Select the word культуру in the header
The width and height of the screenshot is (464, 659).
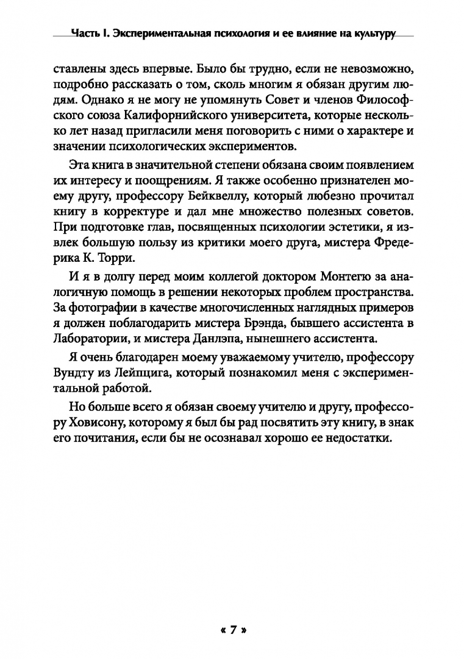pos(370,34)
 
